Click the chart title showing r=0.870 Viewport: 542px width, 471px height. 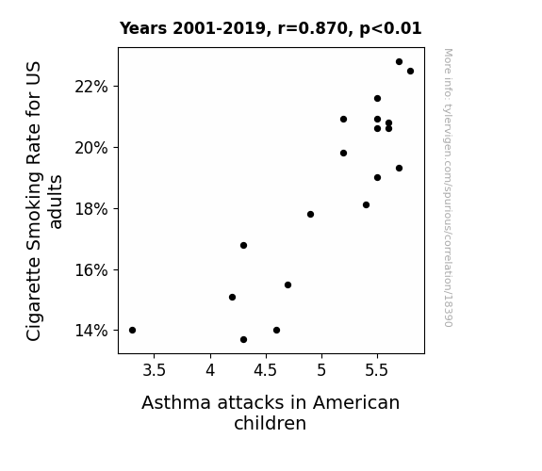pyautogui.click(x=271, y=28)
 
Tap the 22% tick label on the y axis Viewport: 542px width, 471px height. pyautogui.click(x=91, y=87)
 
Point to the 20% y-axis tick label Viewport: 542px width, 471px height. pyautogui.click(x=91, y=148)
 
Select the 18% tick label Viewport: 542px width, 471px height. pyautogui.click(x=91, y=209)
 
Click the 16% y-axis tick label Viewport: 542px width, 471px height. pyautogui.click(x=91, y=270)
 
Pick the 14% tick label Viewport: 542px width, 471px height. pyautogui.click(x=91, y=331)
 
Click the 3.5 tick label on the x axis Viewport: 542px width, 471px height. pyautogui.click(x=155, y=370)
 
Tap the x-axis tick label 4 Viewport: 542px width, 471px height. pyautogui.click(x=210, y=370)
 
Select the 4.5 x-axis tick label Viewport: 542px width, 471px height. pyautogui.click(x=266, y=370)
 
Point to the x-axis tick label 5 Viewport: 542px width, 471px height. pyautogui.click(x=321, y=370)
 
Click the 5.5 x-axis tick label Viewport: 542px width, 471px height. pyautogui.click(x=377, y=370)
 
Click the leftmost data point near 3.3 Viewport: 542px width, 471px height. pyautogui.click(x=132, y=330)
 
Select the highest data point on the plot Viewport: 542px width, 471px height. pyautogui.click(x=400, y=62)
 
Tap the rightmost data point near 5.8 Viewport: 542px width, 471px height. pyautogui.click(x=410, y=72)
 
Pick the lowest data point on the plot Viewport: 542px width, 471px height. pyautogui.click(x=244, y=340)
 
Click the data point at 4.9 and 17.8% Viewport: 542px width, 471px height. pyautogui.click(x=310, y=214)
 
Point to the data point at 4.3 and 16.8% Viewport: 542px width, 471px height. pyautogui.click(x=244, y=245)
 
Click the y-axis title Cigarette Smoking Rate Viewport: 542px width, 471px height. pyautogui.click(x=34, y=202)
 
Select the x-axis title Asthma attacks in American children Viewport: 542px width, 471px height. pyautogui.click(x=271, y=413)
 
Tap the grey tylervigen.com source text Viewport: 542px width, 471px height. pyautogui.click(x=448, y=187)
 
